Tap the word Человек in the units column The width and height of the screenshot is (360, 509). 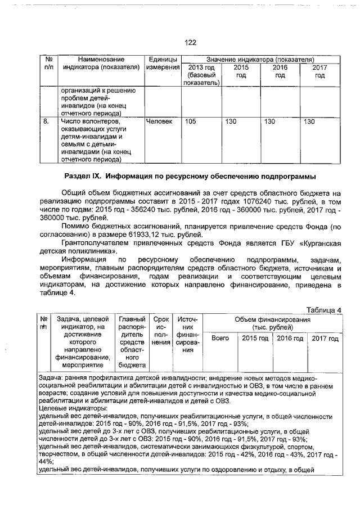(159, 121)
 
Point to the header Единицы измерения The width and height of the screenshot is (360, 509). (161, 64)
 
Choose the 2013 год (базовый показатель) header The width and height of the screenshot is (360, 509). (200, 75)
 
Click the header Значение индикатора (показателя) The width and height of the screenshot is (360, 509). (259, 59)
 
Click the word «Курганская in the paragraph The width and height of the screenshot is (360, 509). (320, 242)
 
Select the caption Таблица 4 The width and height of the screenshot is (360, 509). (323, 310)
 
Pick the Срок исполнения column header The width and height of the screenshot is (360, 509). (161, 334)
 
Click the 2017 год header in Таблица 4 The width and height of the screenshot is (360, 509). (325, 339)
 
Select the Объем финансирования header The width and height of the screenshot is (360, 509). (273, 323)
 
